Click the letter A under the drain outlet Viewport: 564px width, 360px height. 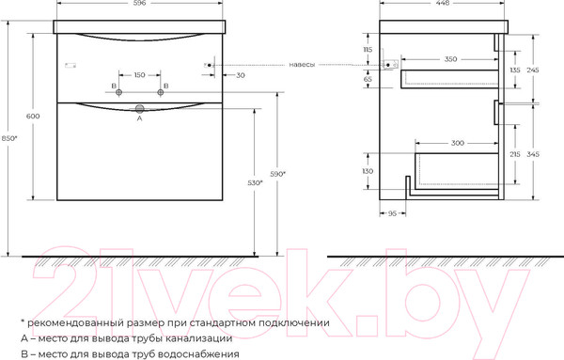pos(140,119)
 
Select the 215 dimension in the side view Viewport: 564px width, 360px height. pos(514,153)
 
